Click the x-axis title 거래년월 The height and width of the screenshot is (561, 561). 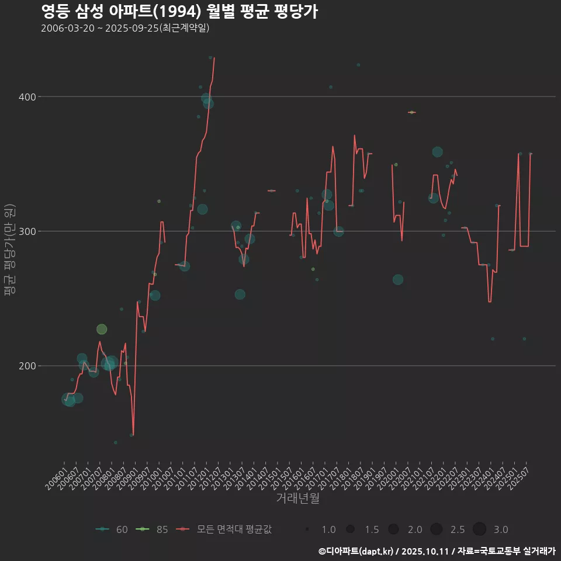click(x=297, y=498)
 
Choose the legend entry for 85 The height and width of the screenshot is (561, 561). click(x=153, y=529)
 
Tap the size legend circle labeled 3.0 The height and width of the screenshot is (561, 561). click(x=479, y=529)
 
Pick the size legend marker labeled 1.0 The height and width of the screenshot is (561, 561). click(x=307, y=529)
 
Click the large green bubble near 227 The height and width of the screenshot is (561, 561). click(x=102, y=330)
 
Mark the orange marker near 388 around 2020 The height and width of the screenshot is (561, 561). click(x=411, y=112)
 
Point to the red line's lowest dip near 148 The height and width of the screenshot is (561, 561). click(x=133, y=434)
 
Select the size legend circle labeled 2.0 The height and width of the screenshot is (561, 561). click(x=393, y=529)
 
